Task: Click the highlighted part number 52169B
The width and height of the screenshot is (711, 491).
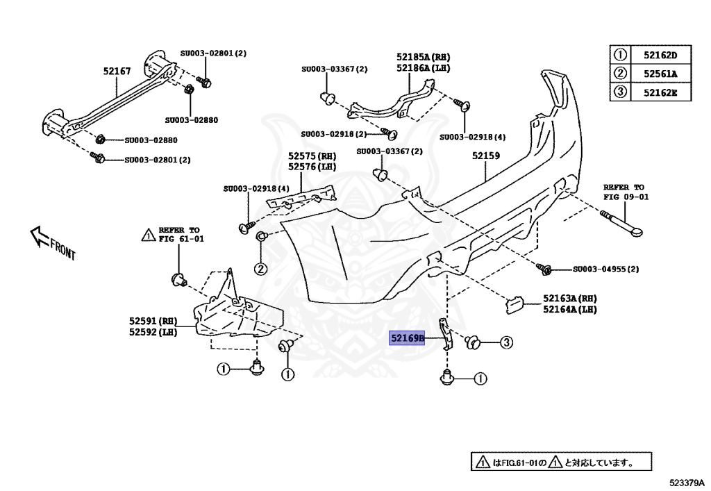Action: pyautogui.click(x=407, y=339)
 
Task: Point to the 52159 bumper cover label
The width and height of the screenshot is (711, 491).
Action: pyautogui.click(x=486, y=156)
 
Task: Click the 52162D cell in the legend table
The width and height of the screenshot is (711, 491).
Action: pyautogui.click(x=659, y=55)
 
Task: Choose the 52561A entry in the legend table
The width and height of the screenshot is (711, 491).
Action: pyautogui.click(x=659, y=74)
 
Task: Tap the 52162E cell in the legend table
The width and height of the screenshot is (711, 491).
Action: pyautogui.click(x=659, y=92)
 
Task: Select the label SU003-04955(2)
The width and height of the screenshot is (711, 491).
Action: pyautogui.click(x=606, y=269)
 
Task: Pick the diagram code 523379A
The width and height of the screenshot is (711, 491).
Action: pyautogui.click(x=687, y=482)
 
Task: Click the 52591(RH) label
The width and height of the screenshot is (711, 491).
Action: pyautogui.click(x=153, y=322)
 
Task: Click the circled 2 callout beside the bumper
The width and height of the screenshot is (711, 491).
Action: pyautogui.click(x=259, y=269)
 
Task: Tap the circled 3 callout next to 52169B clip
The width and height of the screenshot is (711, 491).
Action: pyautogui.click(x=506, y=342)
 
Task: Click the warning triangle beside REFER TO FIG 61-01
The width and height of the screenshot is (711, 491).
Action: pyautogui.click(x=148, y=235)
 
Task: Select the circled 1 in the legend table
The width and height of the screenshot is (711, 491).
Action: pyautogui.click(x=619, y=55)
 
